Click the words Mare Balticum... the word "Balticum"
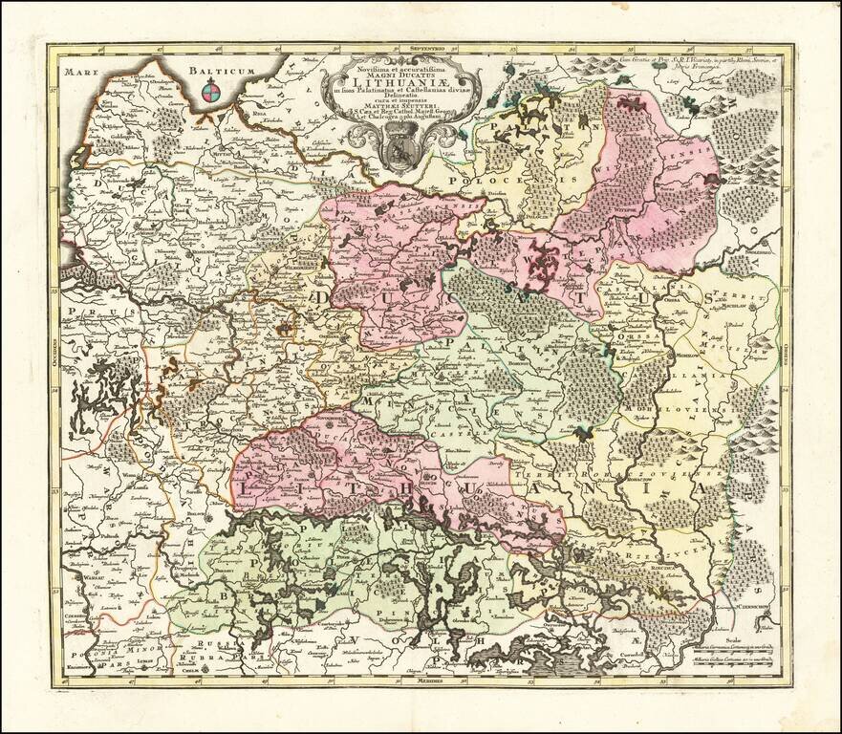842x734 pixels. coord(222,70)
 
